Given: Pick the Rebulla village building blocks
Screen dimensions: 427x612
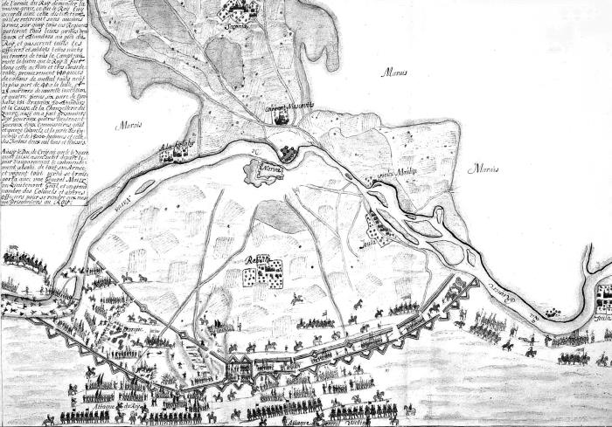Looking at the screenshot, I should [261, 276].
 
